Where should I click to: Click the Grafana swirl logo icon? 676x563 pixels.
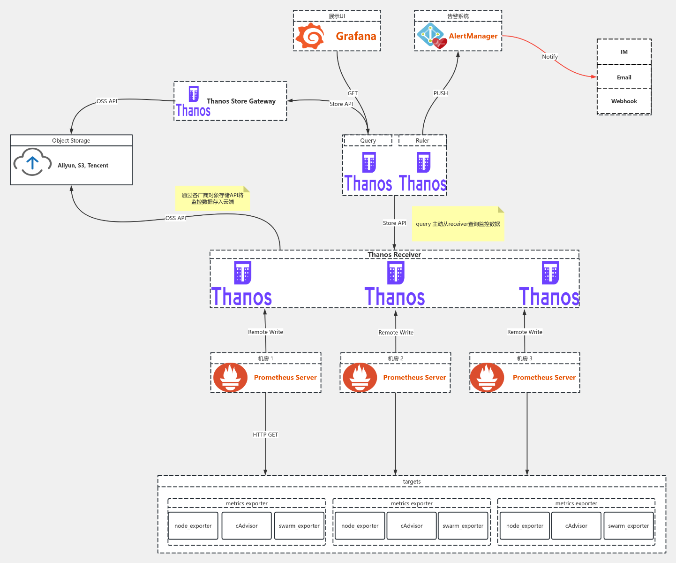310,36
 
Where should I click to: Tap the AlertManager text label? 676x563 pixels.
473,36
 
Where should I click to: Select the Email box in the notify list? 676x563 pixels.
624,77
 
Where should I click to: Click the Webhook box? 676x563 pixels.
624,101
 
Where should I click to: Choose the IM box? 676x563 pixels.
624,52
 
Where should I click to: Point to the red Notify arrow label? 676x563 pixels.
550,57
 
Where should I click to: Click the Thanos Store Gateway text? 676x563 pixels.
241,101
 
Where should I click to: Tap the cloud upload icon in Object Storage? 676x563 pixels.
32,162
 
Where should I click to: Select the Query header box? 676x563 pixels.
368,141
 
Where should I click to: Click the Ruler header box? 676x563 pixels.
422,141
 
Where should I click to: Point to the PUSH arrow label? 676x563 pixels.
441,93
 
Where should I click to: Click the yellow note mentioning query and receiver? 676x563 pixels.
458,224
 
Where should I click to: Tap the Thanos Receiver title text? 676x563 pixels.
394,255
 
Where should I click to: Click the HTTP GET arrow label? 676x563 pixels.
265,435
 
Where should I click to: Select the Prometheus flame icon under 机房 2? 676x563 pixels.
360,377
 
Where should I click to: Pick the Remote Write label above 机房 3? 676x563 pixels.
525,332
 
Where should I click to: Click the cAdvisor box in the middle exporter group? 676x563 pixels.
412,526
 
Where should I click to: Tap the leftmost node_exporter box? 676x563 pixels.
193,526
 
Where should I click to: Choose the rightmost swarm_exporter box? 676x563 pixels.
628,526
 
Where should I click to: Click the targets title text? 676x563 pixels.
412,482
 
